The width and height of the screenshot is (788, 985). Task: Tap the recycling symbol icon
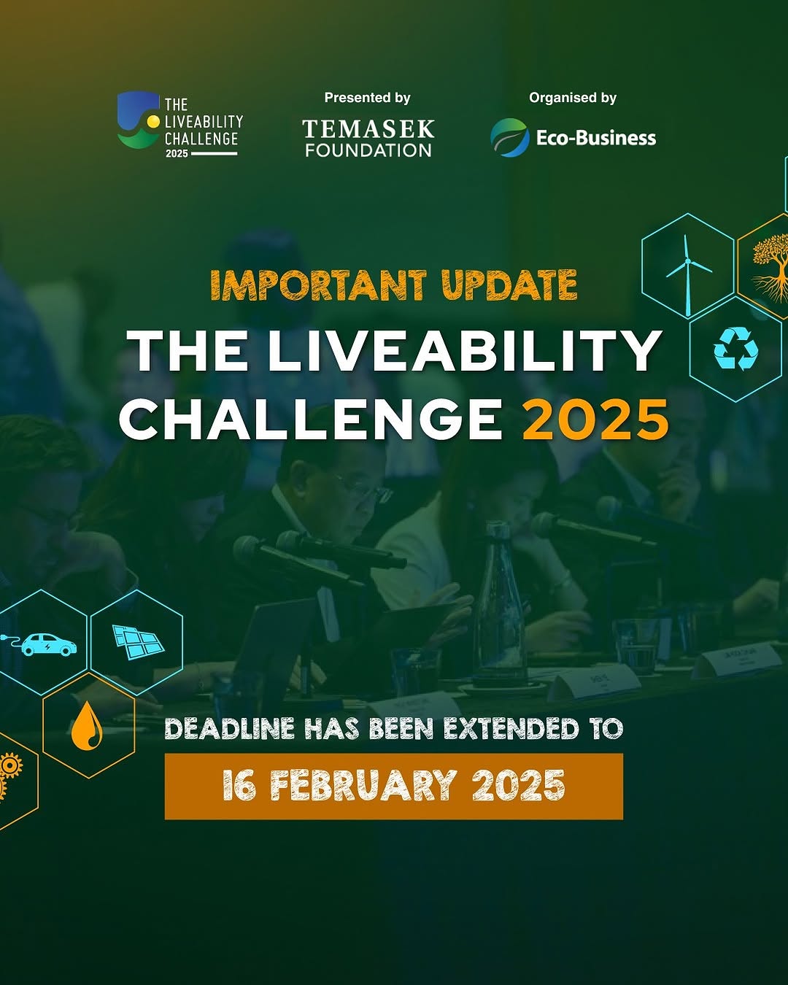(x=735, y=348)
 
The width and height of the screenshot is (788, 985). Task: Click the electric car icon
(x=40, y=644)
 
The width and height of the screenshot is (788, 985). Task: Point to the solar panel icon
(x=139, y=642)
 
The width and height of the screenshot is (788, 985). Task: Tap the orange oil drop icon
(x=87, y=726)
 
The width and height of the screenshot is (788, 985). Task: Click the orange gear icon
(x=9, y=766)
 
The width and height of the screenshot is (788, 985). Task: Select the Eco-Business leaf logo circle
(x=510, y=137)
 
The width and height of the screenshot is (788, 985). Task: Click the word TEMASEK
(x=368, y=129)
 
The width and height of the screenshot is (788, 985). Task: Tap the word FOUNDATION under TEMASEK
(x=368, y=150)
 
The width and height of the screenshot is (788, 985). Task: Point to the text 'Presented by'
(x=367, y=98)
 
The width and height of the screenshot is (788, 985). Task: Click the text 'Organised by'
(x=573, y=98)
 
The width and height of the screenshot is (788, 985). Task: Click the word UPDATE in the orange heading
(x=509, y=285)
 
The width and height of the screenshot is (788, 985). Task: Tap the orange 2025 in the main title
(x=595, y=420)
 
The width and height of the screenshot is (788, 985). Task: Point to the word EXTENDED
(x=512, y=729)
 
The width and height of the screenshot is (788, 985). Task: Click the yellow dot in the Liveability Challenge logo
(x=153, y=121)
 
